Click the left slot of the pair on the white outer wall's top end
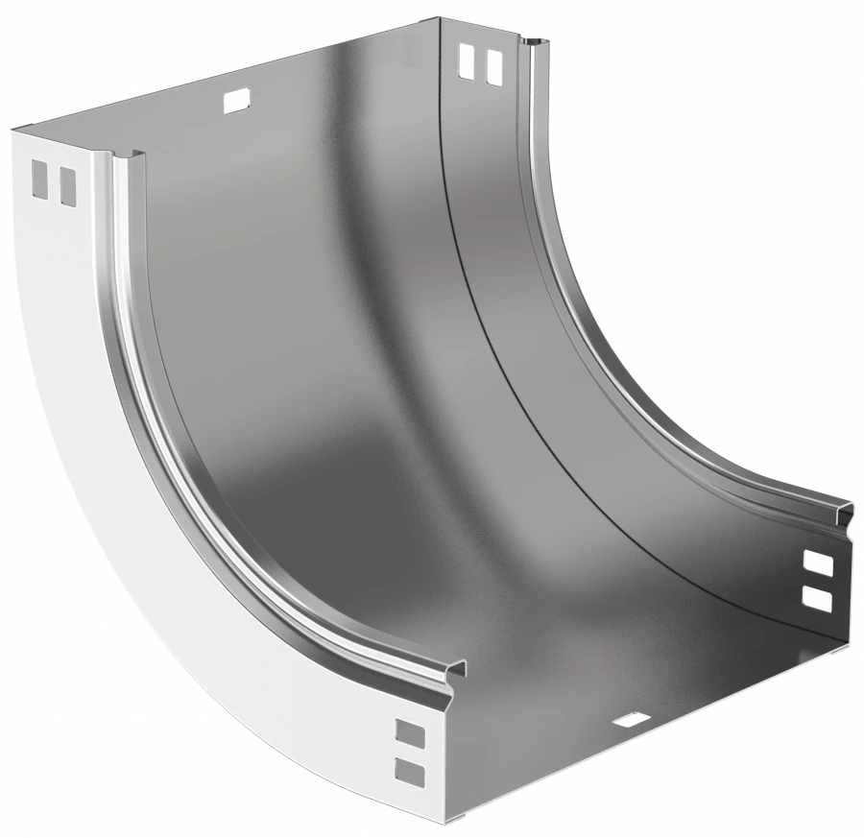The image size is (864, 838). tap(38, 177)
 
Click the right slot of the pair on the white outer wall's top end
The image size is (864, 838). tap(66, 185)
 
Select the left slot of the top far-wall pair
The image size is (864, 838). tap(467, 61)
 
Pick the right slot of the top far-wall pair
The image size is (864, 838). tap(493, 66)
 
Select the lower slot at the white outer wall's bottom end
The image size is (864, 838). tap(409, 770)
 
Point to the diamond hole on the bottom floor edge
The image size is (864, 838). tap(630, 719)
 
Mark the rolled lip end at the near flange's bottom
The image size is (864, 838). tap(451, 672)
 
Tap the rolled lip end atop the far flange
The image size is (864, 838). tap(536, 44)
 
